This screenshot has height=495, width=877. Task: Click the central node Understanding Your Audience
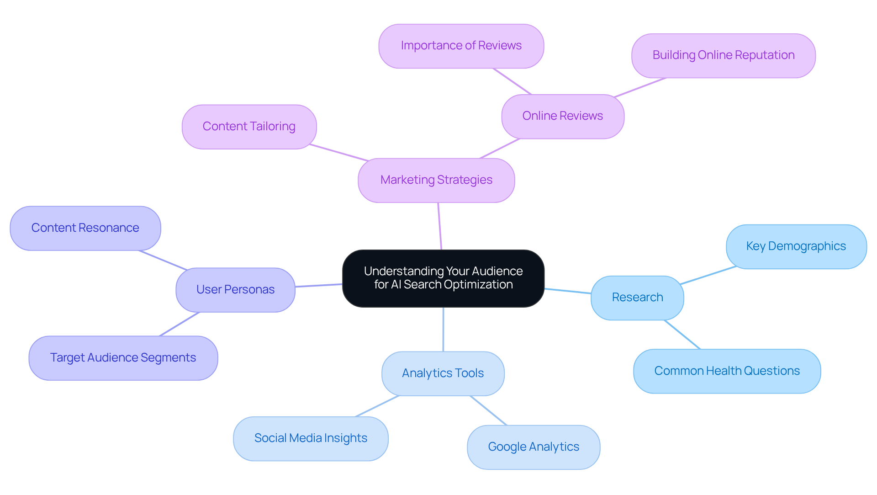[x=443, y=278]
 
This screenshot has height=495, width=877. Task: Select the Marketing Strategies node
[x=436, y=180]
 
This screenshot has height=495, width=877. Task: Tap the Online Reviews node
[x=562, y=116]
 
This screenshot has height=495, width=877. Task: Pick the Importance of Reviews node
[x=461, y=46]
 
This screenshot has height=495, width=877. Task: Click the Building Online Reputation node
[x=723, y=55]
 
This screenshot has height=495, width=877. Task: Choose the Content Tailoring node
[x=249, y=127]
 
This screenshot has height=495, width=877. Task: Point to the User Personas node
[x=235, y=290]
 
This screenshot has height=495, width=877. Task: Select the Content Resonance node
[x=85, y=228]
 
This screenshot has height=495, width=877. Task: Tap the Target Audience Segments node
[x=123, y=358]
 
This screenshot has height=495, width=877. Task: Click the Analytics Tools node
[x=443, y=373]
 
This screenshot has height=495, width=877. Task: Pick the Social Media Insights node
[x=311, y=438]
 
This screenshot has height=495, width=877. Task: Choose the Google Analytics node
[x=534, y=447]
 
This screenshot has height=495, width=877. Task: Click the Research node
[x=637, y=298]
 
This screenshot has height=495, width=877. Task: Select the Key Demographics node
[x=796, y=246]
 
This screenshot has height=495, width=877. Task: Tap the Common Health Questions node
[x=727, y=371]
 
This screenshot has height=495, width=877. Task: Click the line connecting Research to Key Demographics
[x=708, y=275]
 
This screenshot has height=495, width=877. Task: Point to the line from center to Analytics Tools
[x=443, y=330]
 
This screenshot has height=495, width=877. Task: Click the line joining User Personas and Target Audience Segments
[x=180, y=324]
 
